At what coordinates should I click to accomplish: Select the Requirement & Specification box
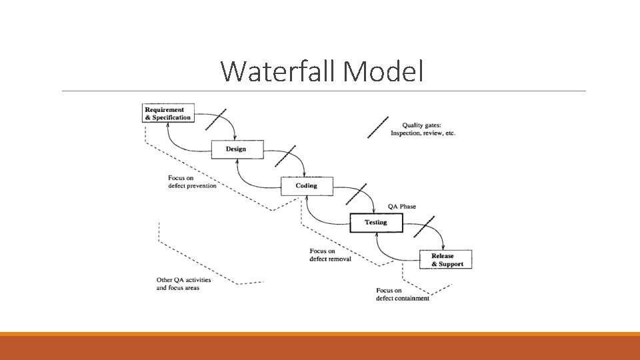168,113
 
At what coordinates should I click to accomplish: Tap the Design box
237,149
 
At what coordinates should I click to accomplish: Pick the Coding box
307,186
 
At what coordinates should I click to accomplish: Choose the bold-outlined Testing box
376,222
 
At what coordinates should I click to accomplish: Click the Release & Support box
445,259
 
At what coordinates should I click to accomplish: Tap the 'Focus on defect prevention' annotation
192,181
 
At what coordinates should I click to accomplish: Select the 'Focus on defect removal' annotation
330,255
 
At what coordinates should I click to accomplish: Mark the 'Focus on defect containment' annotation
402,294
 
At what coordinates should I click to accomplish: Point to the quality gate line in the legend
378,127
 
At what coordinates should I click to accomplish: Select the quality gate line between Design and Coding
285,156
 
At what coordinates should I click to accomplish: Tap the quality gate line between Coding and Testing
355,193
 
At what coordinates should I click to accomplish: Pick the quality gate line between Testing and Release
424,226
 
